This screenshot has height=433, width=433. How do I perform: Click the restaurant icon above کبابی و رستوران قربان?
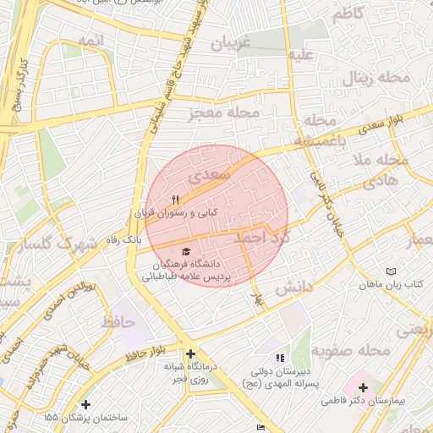click(176, 200)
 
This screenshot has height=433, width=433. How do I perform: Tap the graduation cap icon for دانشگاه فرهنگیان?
click(186, 251)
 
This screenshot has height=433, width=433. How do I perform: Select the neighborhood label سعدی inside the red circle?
click(207, 177)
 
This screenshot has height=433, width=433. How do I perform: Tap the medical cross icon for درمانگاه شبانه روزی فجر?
click(190, 354)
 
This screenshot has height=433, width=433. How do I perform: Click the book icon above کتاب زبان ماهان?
click(390, 272)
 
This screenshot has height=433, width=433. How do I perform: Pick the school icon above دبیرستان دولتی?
click(280, 359)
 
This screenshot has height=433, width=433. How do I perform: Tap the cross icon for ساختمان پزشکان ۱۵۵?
click(85, 404)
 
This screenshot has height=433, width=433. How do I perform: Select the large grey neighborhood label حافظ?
click(118, 321)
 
